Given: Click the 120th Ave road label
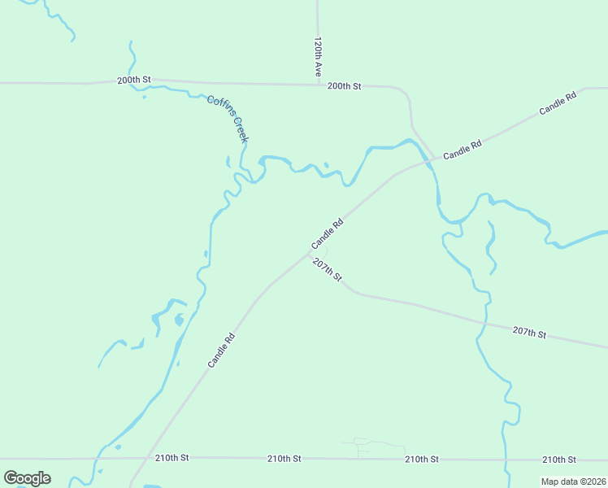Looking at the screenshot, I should point(319,55).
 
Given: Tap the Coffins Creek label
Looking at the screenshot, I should point(227,119).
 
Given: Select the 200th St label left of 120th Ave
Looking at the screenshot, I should point(134,80).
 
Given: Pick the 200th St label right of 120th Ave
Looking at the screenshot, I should point(344,85).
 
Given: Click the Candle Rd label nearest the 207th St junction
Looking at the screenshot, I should point(328,234).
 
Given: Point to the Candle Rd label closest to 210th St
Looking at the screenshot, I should point(221,351).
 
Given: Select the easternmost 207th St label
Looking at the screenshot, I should point(529,333).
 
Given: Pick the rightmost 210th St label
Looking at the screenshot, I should point(559,460).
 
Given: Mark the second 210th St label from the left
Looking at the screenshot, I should point(284,459).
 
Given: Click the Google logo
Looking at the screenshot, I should point(27,478).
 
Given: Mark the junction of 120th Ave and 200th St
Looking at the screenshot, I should point(318,84).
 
